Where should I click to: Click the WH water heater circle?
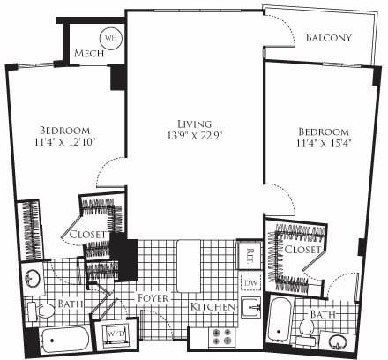[110, 38]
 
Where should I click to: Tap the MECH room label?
[90, 54]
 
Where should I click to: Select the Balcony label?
[328, 38]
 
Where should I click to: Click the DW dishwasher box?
[250, 281]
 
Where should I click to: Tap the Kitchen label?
[213, 307]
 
